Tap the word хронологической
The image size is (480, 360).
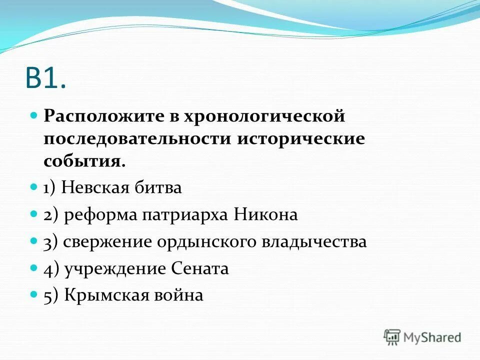[265, 116]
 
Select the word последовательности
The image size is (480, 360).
[136, 138]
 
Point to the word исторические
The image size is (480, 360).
[301, 138]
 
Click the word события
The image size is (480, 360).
[83, 160]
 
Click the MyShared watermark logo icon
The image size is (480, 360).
[392, 337]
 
